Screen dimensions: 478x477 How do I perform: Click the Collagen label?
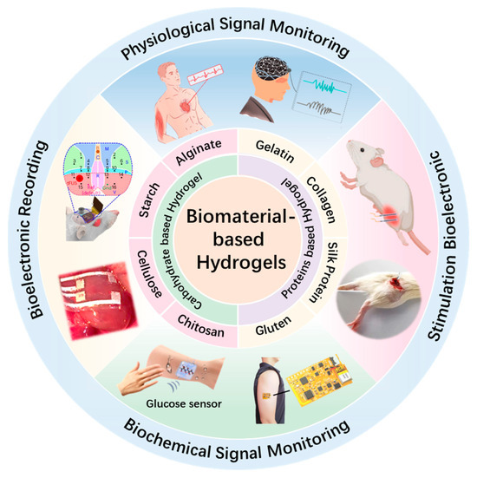pyautogui.click(x=322, y=190)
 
